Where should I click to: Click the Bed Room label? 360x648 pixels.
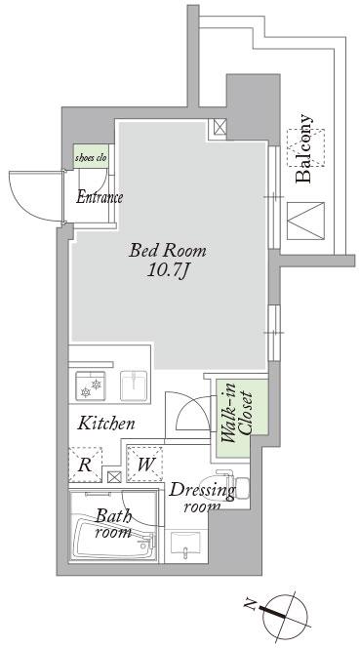[x=167, y=251]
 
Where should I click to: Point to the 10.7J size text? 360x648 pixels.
[x=167, y=270]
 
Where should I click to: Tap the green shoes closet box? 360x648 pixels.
[x=92, y=156]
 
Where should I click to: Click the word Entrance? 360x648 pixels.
[x=100, y=197]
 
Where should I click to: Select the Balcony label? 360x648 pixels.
[x=304, y=148]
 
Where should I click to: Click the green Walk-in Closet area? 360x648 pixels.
[x=240, y=419]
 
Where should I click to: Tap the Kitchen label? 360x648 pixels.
[x=106, y=424]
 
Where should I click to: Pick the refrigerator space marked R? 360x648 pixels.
[x=85, y=465]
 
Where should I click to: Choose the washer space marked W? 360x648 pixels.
[x=144, y=465]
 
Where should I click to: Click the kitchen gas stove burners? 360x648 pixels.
[x=91, y=386]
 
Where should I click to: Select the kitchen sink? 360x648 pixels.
[x=134, y=386]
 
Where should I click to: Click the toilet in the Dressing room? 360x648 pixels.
[x=224, y=487]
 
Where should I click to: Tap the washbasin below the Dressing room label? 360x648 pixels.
[x=185, y=546]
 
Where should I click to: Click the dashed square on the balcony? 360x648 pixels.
[x=306, y=147]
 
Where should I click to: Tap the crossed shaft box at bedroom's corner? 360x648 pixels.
[x=220, y=127]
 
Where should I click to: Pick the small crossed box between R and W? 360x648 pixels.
[x=114, y=477]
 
